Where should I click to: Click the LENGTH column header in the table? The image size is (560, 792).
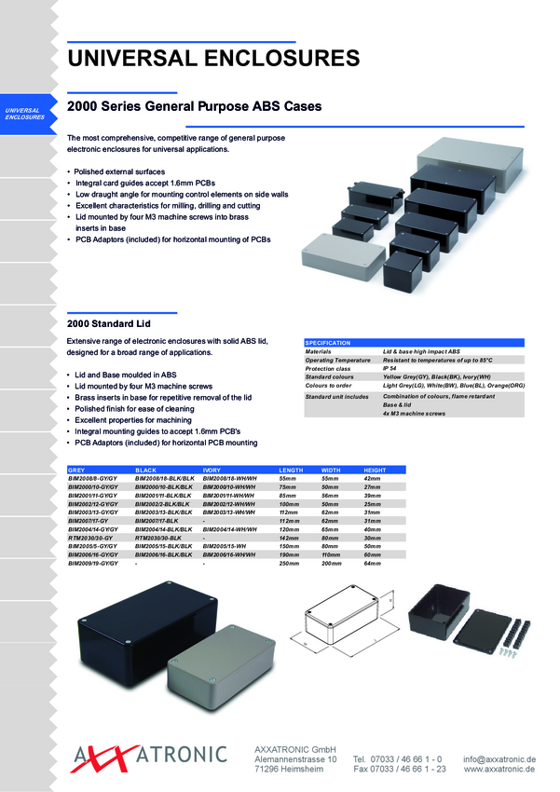pyautogui.click(x=293, y=469)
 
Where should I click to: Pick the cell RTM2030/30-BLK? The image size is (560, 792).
pyautogui.click(x=156, y=538)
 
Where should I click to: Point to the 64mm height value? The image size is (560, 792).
pyautogui.click(x=373, y=564)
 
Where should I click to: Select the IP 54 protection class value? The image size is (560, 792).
pyautogui.click(x=396, y=368)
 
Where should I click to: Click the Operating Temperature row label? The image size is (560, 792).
pyautogui.click(x=338, y=360)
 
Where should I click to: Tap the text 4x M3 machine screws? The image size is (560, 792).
pyautogui.click(x=414, y=414)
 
